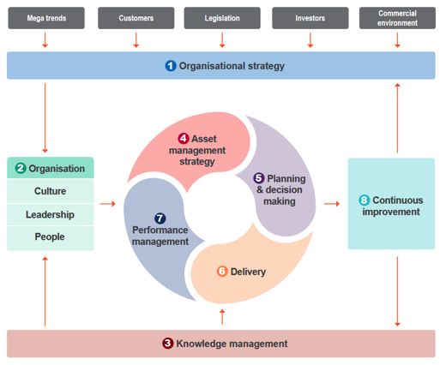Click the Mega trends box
pyautogui.click(x=46, y=18)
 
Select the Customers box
pyautogui.click(x=136, y=18)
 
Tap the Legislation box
pyautogui.click(x=222, y=18)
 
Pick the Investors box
pyautogui.click(x=310, y=18)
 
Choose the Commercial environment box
pyautogui.click(x=397, y=18)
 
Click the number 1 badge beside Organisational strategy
pyautogui.click(x=171, y=66)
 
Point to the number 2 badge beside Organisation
pyautogui.click(x=21, y=168)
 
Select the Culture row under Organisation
pyautogui.click(x=51, y=191)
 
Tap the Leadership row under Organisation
pyautogui.click(x=51, y=214)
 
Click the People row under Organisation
pyautogui.click(x=51, y=237)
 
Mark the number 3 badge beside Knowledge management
pyautogui.click(x=168, y=344)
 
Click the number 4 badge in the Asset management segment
pyautogui.click(x=184, y=139)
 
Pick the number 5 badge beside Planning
pyautogui.click(x=259, y=178)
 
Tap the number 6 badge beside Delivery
pyautogui.click(x=222, y=272)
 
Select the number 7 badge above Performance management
pyautogui.click(x=160, y=218)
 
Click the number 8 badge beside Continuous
pyautogui.click(x=365, y=200)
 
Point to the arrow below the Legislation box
pyautogui.click(x=222, y=40)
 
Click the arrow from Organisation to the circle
pyautogui.click(x=108, y=204)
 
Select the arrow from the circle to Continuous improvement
pyautogui.click(x=332, y=204)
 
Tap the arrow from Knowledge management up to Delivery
pyautogui.click(x=222, y=317)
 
